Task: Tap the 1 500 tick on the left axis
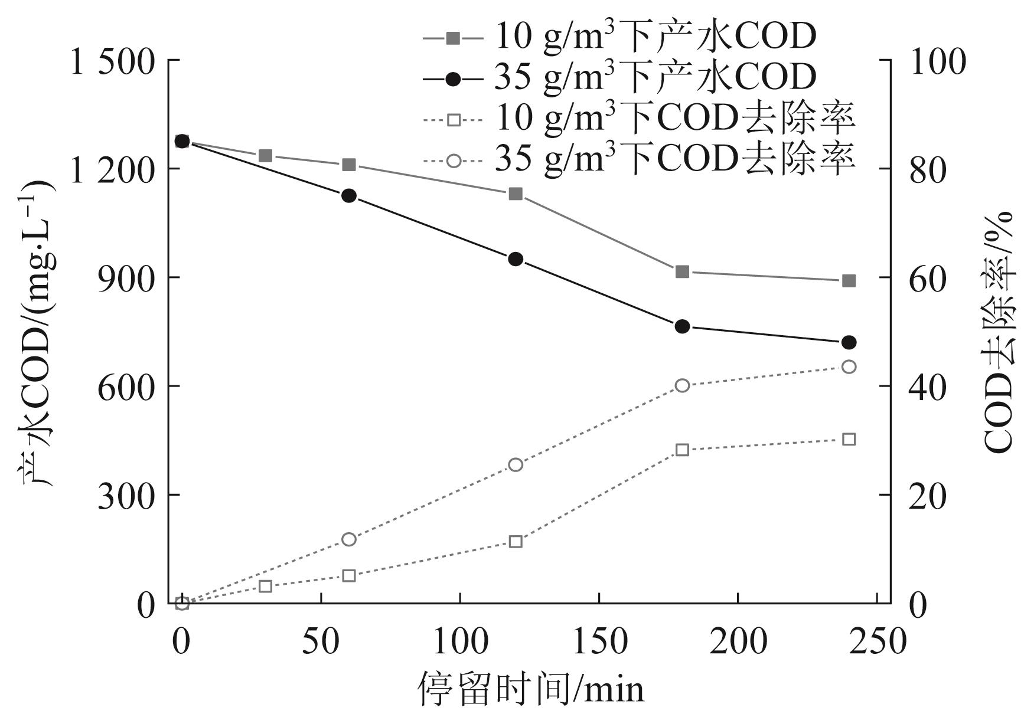click(x=112, y=61)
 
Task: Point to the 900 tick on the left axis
click(x=127, y=278)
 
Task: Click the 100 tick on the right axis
click(x=938, y=61)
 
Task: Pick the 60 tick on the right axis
click(x=928, y=278)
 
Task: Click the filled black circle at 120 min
click(x=516, y=259)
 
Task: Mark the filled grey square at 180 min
click(x=683, y=272)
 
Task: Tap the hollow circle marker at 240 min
click(x=849, y=367)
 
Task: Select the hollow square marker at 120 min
click(x=516, y=542)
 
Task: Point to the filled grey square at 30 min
click(x=266, y=156)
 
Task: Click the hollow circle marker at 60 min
click(x=349, y=539)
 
